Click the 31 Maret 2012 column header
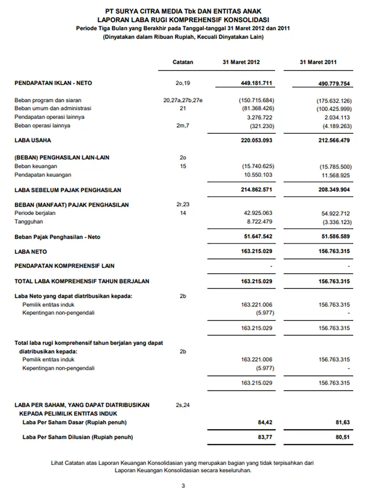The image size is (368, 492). [241, 62]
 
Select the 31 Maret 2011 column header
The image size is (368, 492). [318, 62]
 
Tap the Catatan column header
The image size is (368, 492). [183, 62]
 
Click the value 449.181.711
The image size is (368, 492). [256, 83]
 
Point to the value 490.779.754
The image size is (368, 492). [334, 84]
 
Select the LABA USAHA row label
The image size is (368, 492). [33, 140]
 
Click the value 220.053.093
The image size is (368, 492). [256, 140]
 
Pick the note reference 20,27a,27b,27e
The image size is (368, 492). [183, 100]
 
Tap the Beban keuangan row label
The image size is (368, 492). [36, 166]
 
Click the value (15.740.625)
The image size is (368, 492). [258, 166]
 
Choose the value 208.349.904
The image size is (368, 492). [334, 190]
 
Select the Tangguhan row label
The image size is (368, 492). [29, 222]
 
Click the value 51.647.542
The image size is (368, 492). [258, 236]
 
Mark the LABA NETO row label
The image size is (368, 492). [31, 252]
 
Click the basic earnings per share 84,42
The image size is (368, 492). [265, 422]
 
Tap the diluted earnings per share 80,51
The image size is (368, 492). [342, 437]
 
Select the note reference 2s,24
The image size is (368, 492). [183, 405]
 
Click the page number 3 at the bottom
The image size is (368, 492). [183, 486]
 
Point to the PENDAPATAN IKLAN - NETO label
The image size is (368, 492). [53, 83]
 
